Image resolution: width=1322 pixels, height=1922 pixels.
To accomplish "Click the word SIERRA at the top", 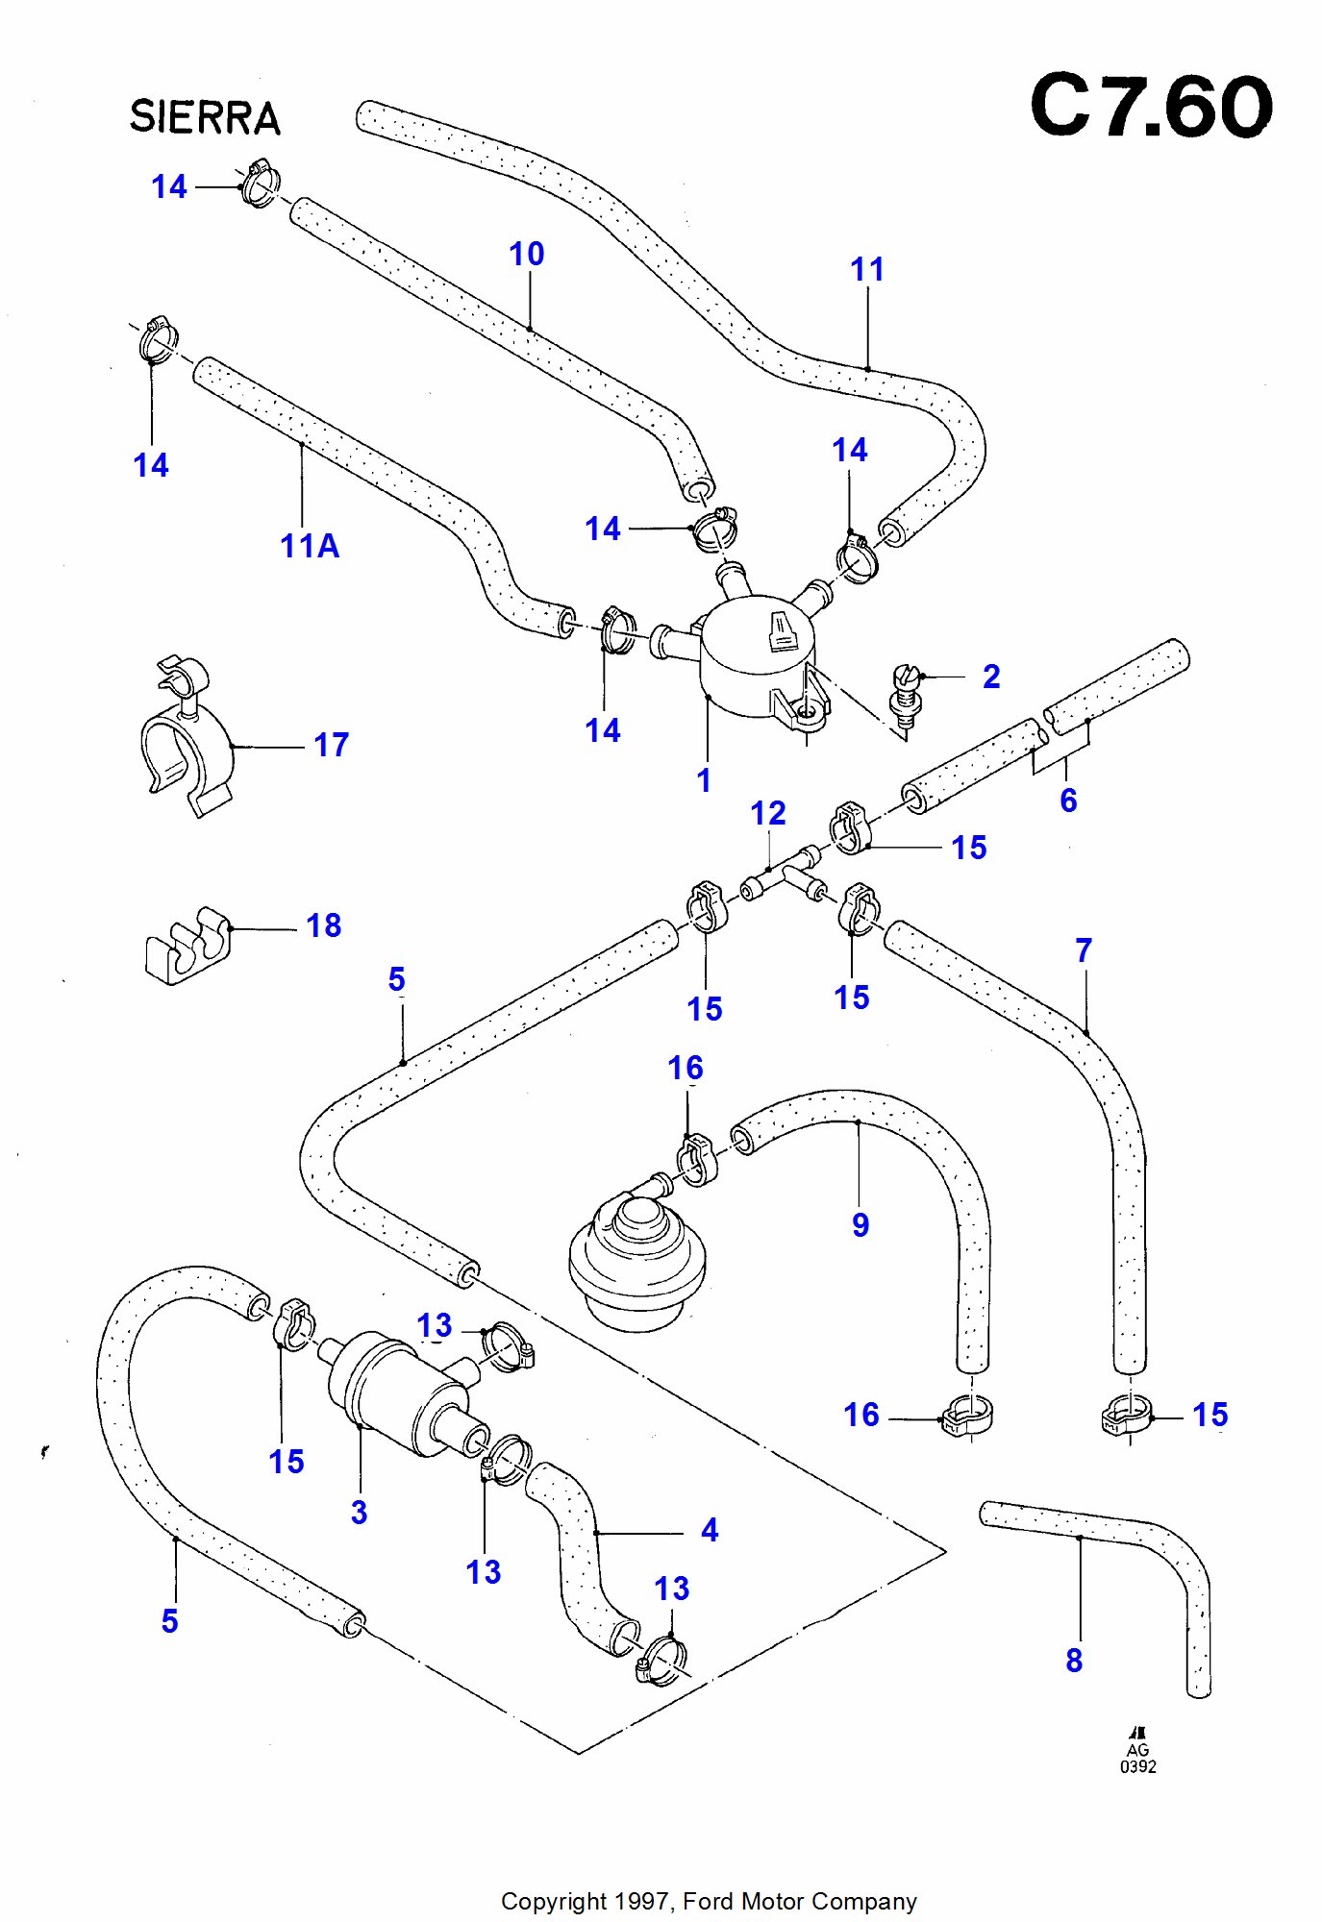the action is [205, 117].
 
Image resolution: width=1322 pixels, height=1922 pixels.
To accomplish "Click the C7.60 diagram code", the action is [1151, 106].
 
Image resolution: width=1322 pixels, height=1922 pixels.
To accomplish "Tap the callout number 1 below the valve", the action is [704, 780].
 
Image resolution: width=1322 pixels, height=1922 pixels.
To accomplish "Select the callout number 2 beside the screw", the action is [991, 677].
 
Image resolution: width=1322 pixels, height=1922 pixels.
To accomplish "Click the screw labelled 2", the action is [905, 697].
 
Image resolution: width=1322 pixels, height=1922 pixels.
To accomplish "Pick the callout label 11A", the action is [310, 546].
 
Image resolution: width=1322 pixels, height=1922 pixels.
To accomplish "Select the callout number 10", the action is [527, 254].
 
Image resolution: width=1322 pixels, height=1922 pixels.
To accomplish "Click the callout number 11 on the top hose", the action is [867, 269].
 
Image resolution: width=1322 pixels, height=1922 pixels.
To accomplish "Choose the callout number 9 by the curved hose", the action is [861, 1224].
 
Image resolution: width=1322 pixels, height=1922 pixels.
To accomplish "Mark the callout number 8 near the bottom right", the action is [1074, 1660].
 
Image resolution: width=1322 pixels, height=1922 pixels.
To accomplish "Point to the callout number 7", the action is [1084, 950].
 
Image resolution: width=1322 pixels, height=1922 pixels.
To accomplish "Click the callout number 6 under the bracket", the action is [1068, 800].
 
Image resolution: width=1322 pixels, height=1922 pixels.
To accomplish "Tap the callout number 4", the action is [710, 1530].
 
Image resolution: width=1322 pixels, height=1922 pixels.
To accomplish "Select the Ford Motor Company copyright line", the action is [709, 1901].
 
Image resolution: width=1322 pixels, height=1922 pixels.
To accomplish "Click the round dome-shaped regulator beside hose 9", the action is [637, 1254].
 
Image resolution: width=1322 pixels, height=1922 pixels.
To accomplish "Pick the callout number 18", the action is [324, 925].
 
